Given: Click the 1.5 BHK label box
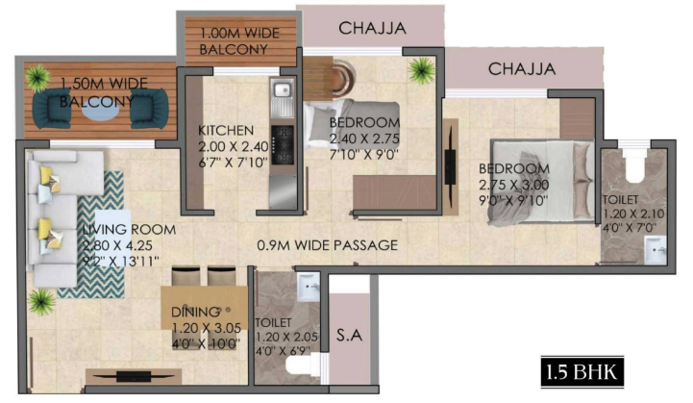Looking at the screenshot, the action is tap(582, 372).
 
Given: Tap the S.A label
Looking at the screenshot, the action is tap(349, 335).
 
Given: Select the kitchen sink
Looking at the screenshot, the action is tap(282, 90).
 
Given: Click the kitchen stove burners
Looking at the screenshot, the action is tap(282, 144).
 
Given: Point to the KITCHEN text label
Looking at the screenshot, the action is tap(226, 131).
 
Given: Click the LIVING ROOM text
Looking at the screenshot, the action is tap(129, 230).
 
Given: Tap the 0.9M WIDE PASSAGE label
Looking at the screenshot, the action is tap(328, 245).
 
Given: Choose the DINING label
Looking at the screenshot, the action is tap(196, 312).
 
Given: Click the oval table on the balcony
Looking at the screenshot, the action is tap(100, 111).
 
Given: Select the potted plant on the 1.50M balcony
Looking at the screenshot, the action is tap(37, 77).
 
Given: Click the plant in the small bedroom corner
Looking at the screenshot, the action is tap(422, 69).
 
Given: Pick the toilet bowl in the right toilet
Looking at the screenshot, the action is tap(633, 165).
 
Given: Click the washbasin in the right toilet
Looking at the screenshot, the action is tap(655, 250).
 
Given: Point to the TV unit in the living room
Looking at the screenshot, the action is tap(134, 376).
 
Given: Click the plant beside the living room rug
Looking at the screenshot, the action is tap(41, 302).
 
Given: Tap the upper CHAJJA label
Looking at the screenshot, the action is tap(372, 28).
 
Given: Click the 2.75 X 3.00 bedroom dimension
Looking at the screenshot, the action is tap(513, 185).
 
